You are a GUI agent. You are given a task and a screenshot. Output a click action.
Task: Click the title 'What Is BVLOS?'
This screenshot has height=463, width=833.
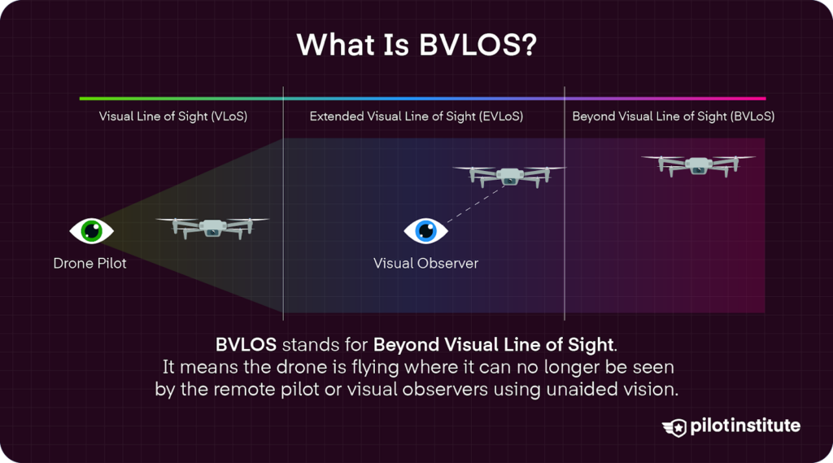pyautogui.click(x=416, y=45)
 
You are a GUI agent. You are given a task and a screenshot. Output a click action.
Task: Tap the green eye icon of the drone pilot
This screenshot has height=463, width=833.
pyautogui.click(x=91, y=231)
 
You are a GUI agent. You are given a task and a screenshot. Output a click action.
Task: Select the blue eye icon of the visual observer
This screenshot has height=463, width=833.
pyautogui.click(x=425, y=231)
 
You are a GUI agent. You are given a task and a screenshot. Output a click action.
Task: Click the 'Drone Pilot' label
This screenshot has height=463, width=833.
pyautogui.click(x=90, y=264)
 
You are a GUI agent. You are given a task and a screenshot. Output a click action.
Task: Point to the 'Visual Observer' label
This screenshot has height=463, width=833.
pyautogui.click(x=425, y=264)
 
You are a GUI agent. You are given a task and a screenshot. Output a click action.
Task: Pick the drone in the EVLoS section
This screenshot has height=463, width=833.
pyautogui.click(x=508, y=175)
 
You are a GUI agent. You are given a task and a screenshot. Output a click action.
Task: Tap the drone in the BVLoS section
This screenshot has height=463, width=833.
pyautogui.click(x=698, y=164)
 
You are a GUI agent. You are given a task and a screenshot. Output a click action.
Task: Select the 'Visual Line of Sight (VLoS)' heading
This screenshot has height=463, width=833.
pyautogui.click(x=173, y=116)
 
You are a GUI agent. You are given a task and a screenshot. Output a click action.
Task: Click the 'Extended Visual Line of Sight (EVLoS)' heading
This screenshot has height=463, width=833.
pyautogui.click(x=416, y=116)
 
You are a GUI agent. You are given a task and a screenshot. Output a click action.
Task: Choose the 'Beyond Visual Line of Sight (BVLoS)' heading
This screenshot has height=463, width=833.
pyautogui.click(x=673, y=116)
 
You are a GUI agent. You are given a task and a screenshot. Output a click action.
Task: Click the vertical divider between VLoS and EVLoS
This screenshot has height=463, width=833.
pyautogui.click(x=283, y=203)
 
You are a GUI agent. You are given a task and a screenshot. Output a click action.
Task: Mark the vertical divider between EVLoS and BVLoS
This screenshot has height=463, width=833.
pyautogui.click(x=565, y=203)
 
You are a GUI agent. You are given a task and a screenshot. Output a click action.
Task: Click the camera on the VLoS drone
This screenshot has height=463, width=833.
pyautogui.click(x=212, y=232)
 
